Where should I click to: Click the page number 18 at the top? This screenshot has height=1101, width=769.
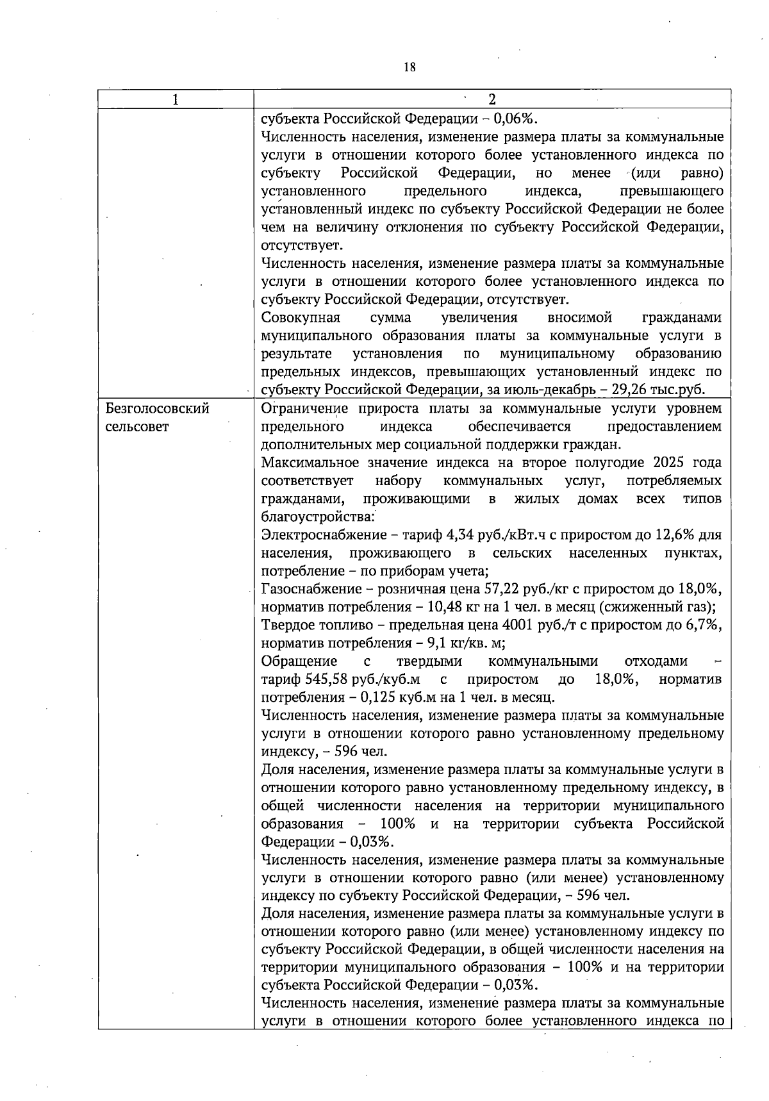tap(410, 66)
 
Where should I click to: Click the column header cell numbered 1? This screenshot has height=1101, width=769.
tap(175, 99)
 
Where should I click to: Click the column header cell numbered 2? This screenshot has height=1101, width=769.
tap(492, 99)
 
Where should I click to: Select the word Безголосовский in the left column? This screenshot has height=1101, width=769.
tap(157, 409)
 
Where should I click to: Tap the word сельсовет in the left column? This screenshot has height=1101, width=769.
tap(136, 427)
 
